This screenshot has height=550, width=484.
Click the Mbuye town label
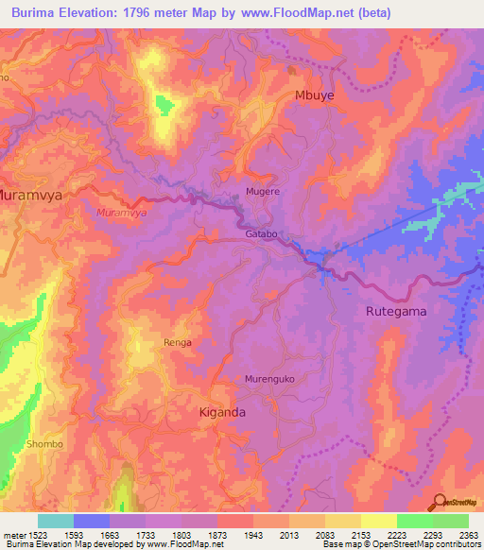point(316,95)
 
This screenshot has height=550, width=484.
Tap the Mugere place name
point(264,191)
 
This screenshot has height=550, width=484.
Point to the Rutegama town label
point(396,311)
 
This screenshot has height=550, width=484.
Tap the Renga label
point(178,342)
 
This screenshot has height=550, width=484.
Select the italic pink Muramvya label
point(121,214)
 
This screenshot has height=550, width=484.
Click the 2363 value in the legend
point(470,535)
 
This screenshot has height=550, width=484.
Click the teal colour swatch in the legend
point(56,521)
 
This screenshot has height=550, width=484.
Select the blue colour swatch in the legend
point(92,521)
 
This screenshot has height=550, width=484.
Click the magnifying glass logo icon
point(439,501)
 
